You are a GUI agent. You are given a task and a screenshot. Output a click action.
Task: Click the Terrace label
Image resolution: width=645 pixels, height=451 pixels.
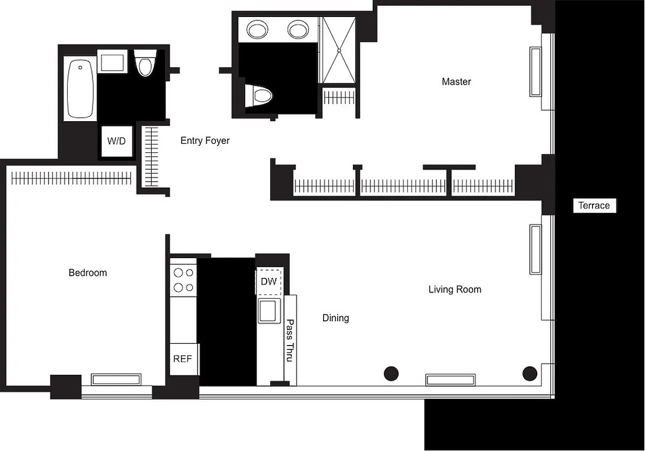[594, 206]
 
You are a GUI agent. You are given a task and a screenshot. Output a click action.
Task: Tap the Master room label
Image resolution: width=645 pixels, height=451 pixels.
[456, 82]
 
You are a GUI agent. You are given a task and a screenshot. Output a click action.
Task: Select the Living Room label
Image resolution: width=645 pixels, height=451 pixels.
[454, 290]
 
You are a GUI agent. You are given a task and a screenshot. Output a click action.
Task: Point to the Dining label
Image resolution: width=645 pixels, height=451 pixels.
[335, 318]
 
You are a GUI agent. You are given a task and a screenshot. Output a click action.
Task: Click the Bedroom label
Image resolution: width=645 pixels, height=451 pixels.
[87, 273]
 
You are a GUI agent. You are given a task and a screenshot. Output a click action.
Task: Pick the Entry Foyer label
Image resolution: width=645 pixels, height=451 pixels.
[205, 140]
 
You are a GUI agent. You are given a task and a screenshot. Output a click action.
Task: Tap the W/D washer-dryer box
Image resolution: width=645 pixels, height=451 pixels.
[117, 141]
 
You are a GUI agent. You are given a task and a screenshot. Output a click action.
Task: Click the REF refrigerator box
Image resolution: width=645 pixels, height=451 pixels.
[183, 359]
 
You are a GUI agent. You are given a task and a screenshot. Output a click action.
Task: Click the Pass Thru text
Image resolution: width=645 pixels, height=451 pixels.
[290, 341]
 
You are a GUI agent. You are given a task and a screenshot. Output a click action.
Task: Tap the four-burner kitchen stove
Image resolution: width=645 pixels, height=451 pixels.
[183, 280]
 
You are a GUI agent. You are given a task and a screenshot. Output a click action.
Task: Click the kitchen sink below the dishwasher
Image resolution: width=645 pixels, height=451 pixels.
[268, 310]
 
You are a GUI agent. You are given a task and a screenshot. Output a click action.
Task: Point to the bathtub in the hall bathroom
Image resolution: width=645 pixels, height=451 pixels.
[81, 89]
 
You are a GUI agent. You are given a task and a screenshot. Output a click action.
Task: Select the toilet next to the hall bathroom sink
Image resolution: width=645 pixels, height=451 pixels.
[145, 63]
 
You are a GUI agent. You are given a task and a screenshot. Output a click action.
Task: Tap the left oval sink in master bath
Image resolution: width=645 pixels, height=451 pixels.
[258, 29]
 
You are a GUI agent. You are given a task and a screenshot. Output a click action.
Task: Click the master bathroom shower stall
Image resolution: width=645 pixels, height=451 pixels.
[338, 50]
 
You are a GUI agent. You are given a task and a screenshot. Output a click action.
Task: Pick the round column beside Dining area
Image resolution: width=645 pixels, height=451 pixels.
[391, 373]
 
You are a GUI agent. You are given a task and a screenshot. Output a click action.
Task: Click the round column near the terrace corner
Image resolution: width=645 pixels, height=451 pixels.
[529, 373]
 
